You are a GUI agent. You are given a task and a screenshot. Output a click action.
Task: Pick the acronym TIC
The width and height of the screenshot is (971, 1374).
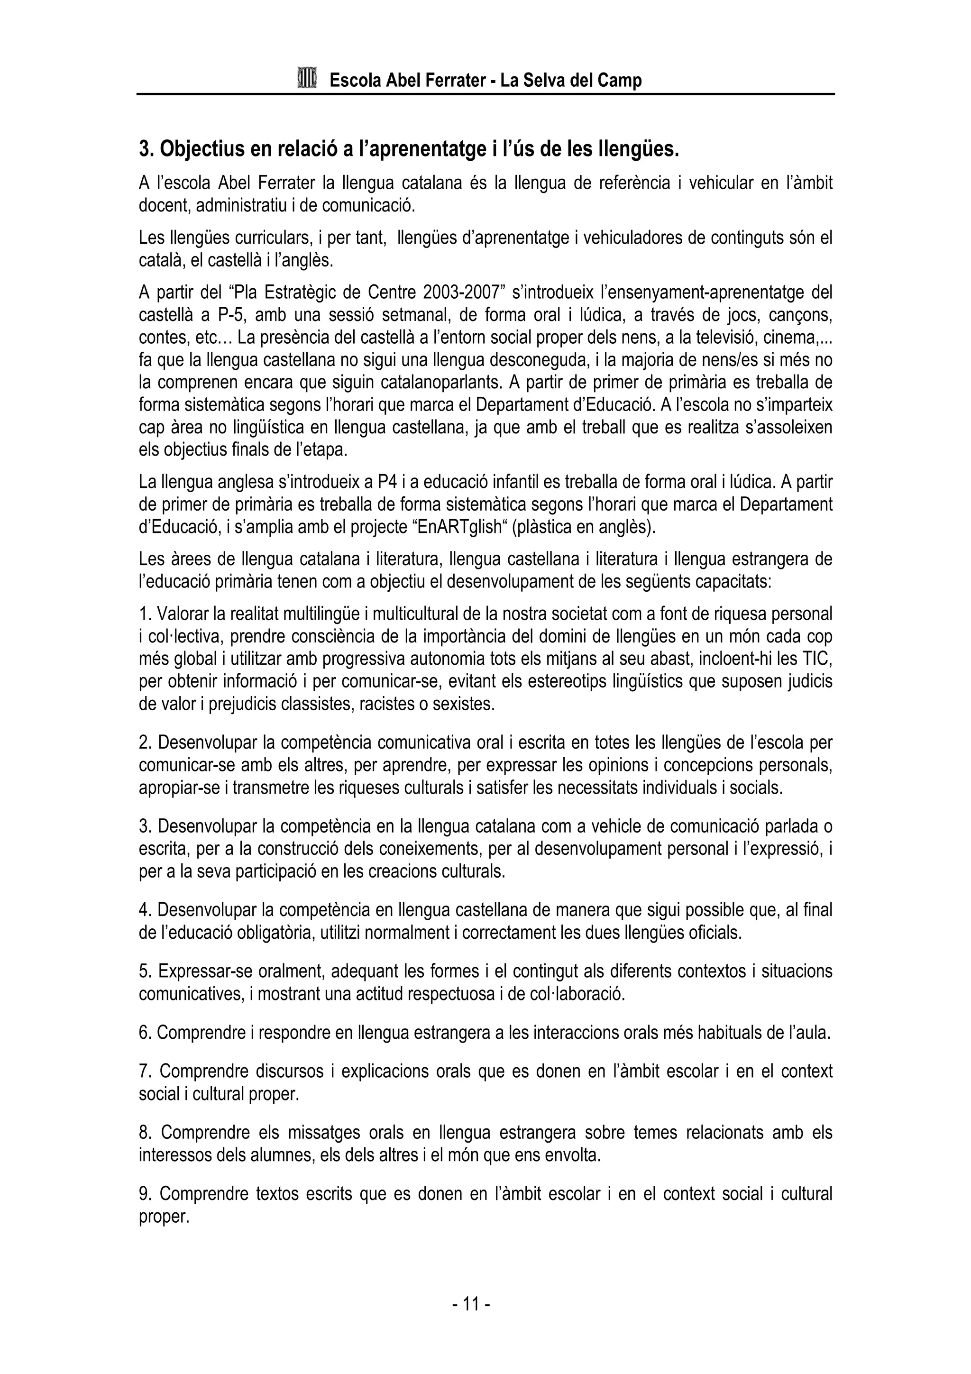(x=817, y=659)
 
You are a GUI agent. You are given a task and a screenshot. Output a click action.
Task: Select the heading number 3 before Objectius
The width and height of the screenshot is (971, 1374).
(x=144, y=149)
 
